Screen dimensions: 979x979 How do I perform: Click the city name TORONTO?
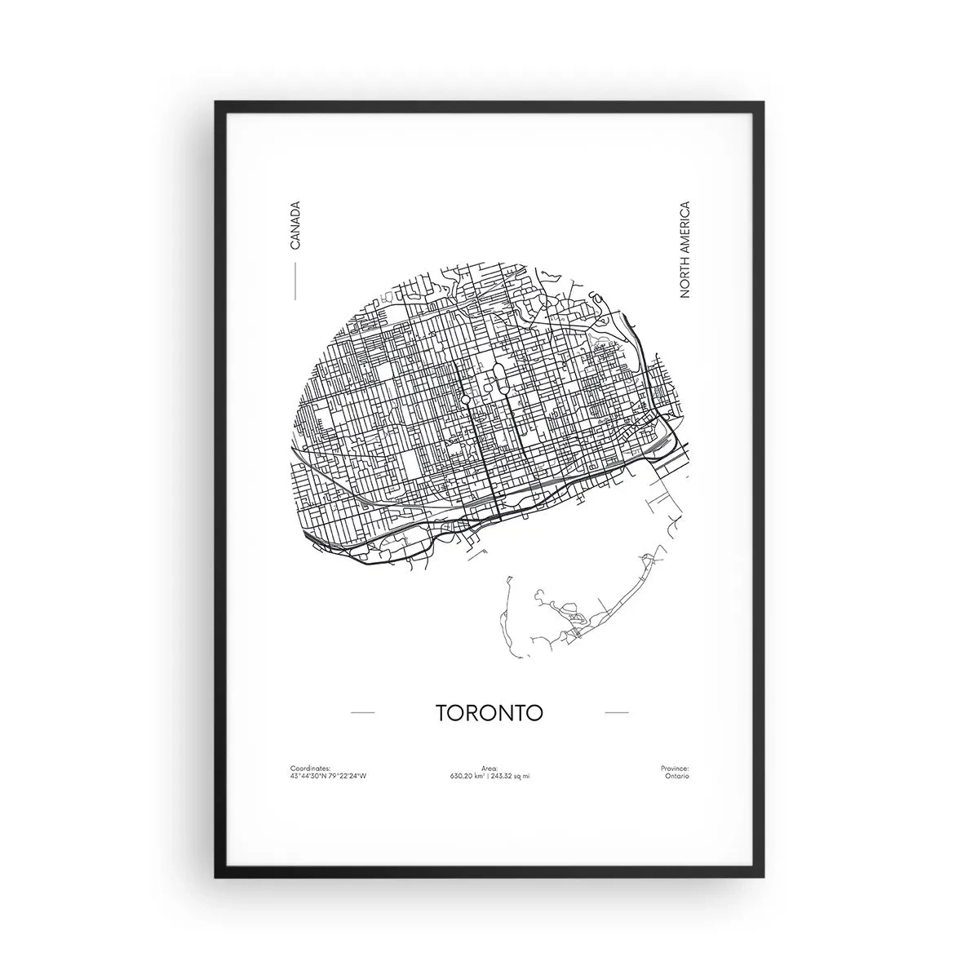489,712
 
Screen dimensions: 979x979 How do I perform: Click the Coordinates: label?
310,769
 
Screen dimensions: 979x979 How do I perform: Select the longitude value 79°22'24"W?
348,777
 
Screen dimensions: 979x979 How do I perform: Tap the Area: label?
489,769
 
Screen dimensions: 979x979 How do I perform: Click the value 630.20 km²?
467,777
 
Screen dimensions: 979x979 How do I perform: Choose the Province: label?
675,769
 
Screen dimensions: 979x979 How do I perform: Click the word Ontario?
677,777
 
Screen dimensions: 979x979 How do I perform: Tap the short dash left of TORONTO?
362,713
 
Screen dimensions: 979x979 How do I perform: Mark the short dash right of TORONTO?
617,713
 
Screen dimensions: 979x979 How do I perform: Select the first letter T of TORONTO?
442,712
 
